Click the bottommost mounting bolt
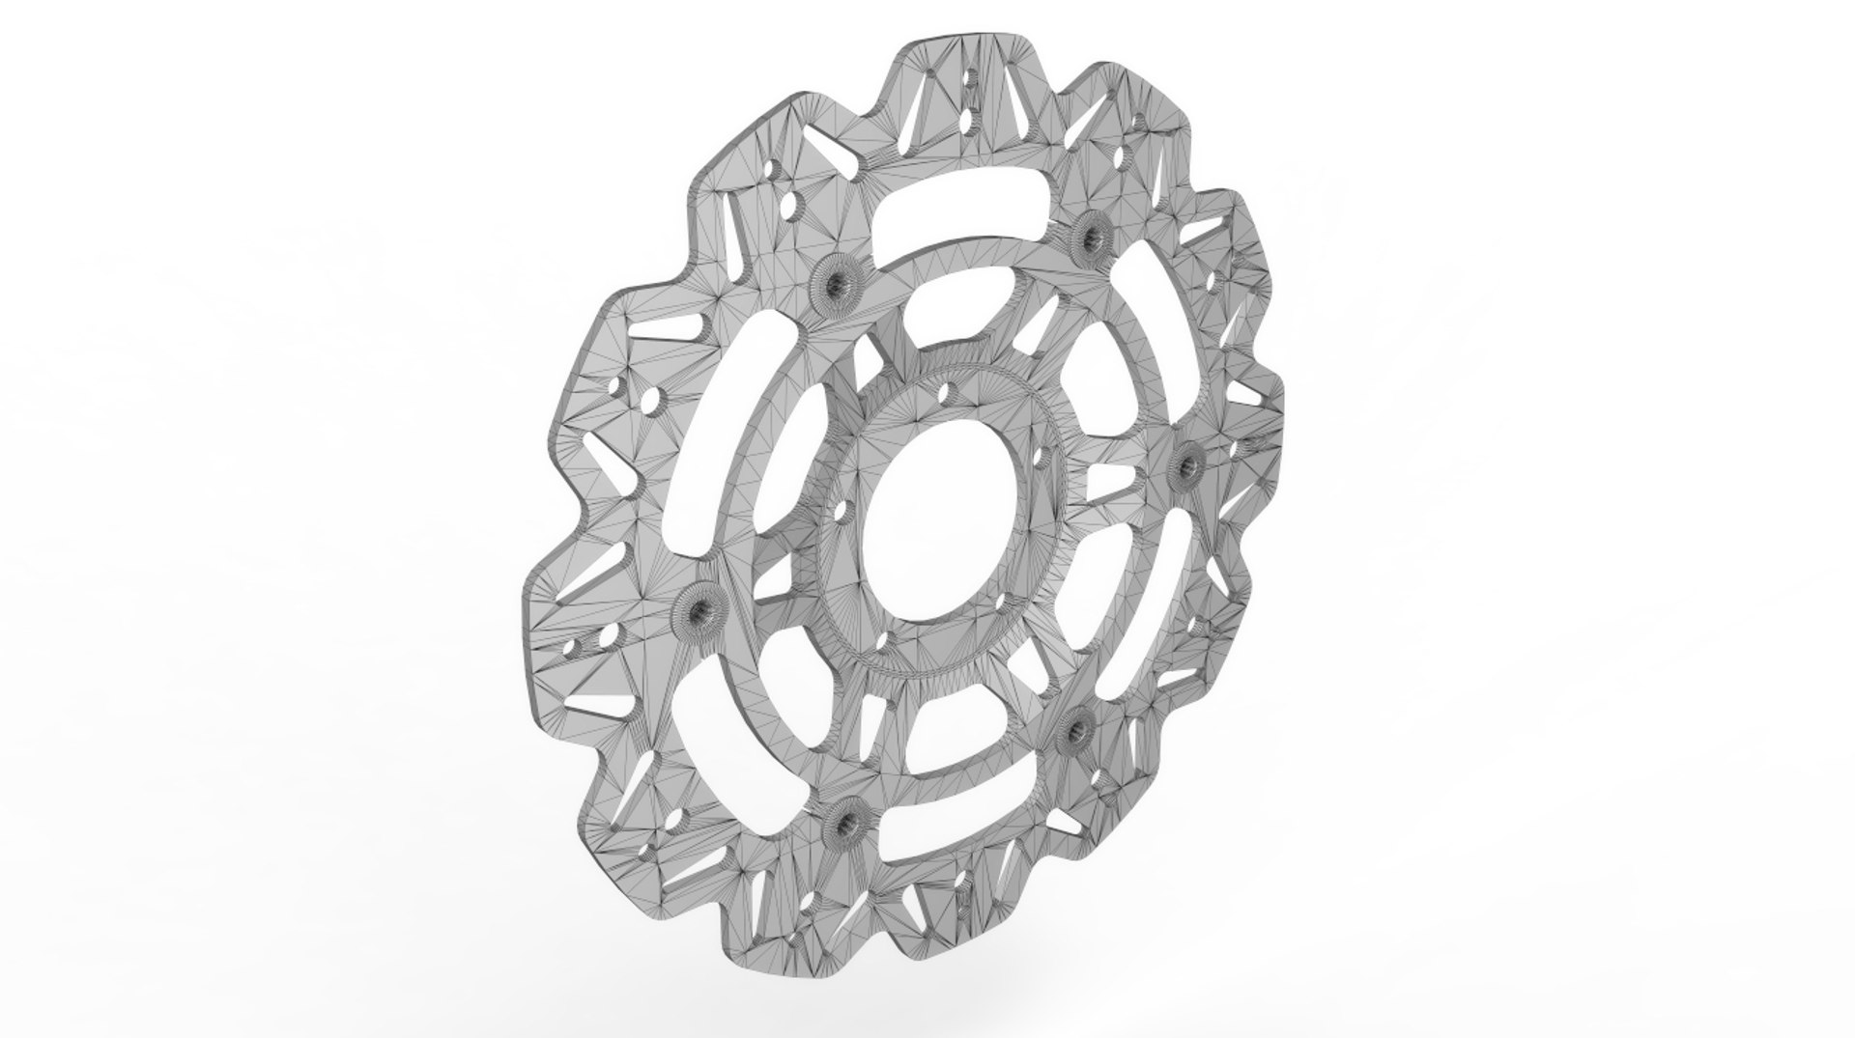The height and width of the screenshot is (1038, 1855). click(843, 820)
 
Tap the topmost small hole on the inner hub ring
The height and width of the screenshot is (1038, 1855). click(944, 393)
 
